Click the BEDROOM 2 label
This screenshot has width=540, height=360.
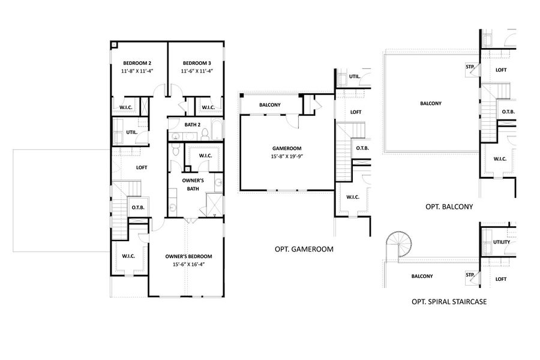coord(137,63)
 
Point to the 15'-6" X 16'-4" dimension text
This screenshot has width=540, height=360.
coord(188,264)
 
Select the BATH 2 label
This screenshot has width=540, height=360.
coord(192,124)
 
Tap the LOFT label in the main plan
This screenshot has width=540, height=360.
coord(142,167)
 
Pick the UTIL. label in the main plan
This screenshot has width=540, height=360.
coord(132,132)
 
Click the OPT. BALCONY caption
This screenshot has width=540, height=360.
coord(449,206)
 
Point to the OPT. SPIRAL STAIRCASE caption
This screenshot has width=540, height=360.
coord(449,302)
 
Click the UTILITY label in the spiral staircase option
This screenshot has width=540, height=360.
coord(501,242)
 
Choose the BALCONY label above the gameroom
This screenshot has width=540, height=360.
coord(270,105)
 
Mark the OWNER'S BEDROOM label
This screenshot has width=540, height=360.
coord(188,256)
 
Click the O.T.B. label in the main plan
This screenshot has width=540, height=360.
coord(137,208)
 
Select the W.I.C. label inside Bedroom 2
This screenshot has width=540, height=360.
coord(126,107)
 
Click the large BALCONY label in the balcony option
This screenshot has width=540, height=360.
coord(431,103)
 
